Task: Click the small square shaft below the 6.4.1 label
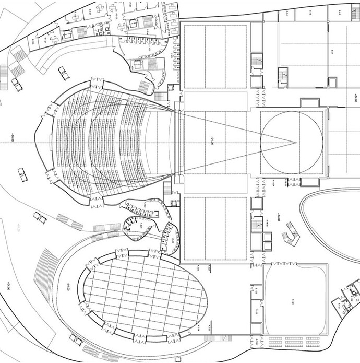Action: click(x=332, y=81)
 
